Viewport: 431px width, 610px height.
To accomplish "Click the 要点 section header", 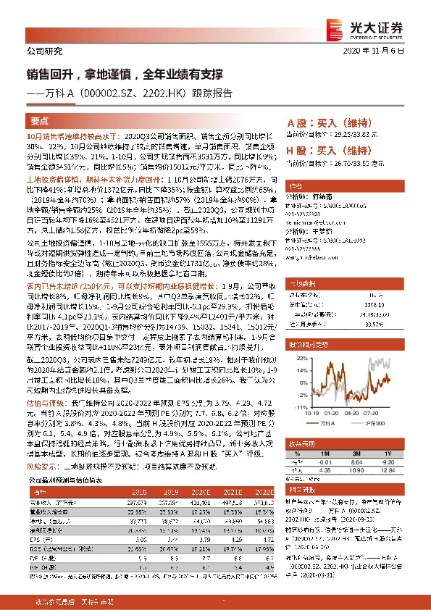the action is point(40,121).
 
